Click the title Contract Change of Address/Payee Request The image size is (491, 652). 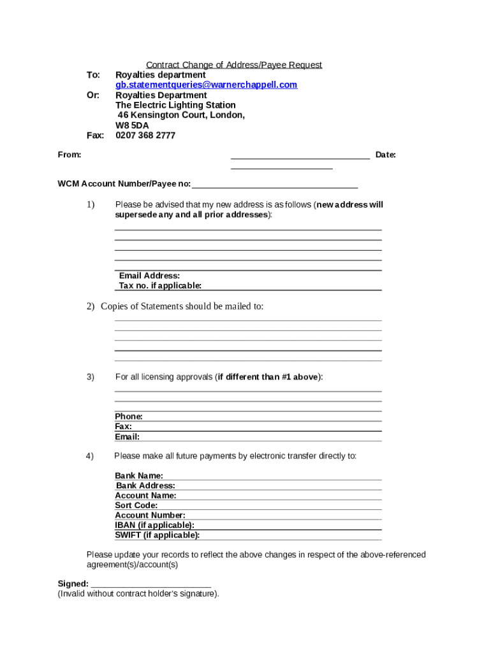point(234,65)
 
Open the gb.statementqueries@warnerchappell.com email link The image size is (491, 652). point(206,85)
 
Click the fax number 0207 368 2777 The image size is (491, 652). point(145,136)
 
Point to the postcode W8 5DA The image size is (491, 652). point(132,125)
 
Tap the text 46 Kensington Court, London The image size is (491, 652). point(180,115)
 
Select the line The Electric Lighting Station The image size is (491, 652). point(175,105)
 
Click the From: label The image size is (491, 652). point(69,155)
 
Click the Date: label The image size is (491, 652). point(385,155)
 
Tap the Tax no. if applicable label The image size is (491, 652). point(160,286)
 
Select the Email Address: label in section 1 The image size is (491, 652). point(149,276)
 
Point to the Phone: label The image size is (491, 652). point(129,416)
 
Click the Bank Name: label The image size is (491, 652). point(139,476)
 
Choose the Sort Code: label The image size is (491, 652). point(136,506)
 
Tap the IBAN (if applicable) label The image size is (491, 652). point(154,525)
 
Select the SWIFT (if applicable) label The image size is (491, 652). point(157,535)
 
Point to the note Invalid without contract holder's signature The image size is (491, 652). point(138,594)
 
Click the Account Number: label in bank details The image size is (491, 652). point(150,515)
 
